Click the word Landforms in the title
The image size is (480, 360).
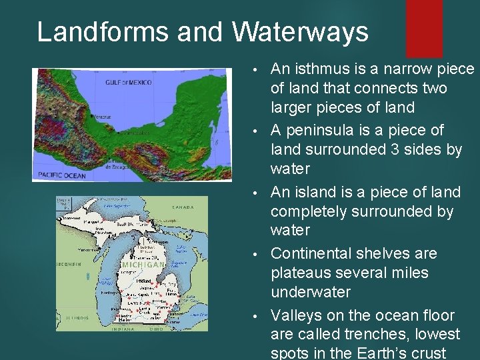(x=86, y=32)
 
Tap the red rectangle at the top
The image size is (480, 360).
(x=424, y=18)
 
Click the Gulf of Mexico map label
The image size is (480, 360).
(x=128, y=83)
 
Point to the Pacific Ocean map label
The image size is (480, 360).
(x=63, y=174)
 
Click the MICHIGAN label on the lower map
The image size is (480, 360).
(x=143, y=265)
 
